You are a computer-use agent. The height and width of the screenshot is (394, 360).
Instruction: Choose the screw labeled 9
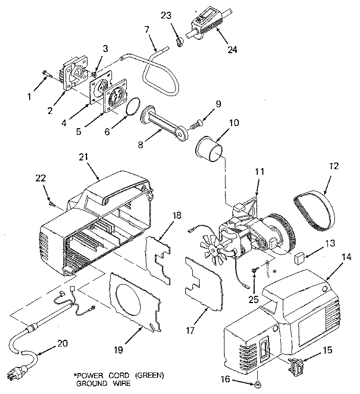196,123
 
